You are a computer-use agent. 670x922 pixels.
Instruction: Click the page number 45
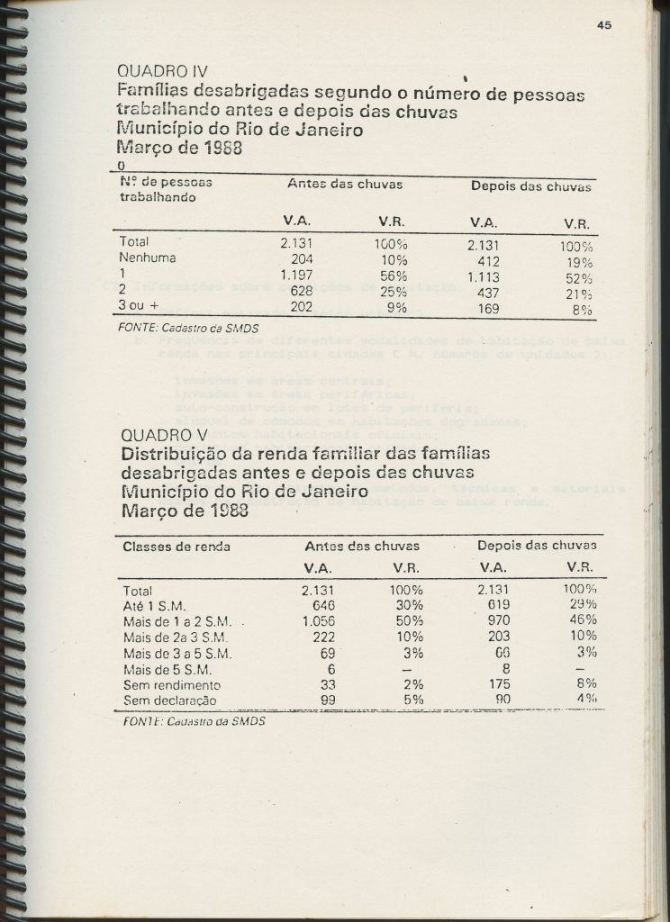tap(603, 25)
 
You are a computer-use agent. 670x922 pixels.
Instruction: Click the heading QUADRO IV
tap(163, 71)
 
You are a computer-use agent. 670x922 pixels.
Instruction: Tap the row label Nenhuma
tap(147, 258)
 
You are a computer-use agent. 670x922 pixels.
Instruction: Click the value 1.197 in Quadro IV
tap(296, 275)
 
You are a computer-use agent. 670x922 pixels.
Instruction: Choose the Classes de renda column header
tap(176, 546)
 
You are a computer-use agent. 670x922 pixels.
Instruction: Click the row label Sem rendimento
tap(170, 684)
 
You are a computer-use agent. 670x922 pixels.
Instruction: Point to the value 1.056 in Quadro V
tap(318, 620)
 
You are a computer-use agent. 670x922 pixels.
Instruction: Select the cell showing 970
tap(496, 620)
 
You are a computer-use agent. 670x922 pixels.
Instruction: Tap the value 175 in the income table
tap(496, 684)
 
